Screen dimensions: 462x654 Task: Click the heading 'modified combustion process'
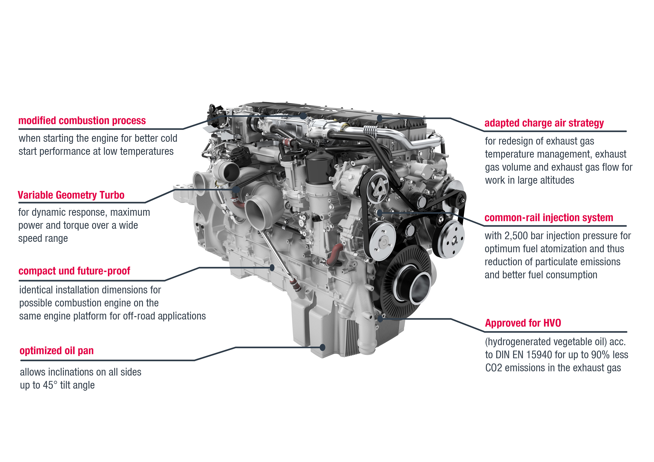coord(82,121)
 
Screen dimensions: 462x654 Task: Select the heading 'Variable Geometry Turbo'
coord(71,195)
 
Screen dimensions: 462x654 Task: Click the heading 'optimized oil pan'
coord(56,351)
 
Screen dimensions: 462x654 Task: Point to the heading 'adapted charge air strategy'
coord(544,123)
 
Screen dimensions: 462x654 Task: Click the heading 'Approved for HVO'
coord(523,323)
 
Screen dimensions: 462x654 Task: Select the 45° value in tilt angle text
coord(50,385)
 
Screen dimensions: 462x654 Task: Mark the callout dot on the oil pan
coord(323,347)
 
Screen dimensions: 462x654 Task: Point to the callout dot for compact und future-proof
coord(272,268)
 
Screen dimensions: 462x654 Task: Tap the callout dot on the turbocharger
coord(236,190)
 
